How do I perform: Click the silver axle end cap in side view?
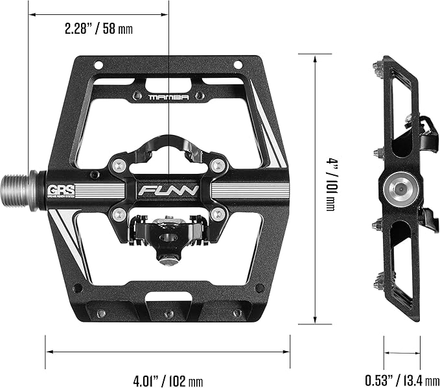click(x=397, y=189)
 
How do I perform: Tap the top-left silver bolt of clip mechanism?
click(x=117, y=166)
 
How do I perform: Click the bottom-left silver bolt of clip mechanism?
click(x=117, y=213)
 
